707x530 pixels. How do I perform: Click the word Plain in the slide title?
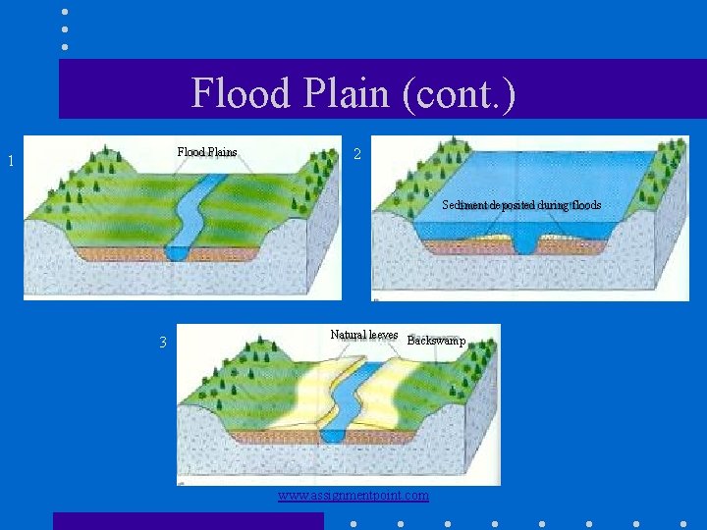(x=331, y=93)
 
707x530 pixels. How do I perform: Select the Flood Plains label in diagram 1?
(x=207, y=152)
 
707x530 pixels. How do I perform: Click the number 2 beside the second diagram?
(x=357, y=154)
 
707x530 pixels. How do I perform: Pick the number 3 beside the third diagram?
(x=164, y=343)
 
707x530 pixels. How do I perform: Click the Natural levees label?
(x=364, y=335)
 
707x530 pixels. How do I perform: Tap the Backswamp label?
(x=436, y=341)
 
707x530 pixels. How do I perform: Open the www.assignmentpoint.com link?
(x=353, y=496)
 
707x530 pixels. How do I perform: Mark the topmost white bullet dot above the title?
(x=65, y=12)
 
